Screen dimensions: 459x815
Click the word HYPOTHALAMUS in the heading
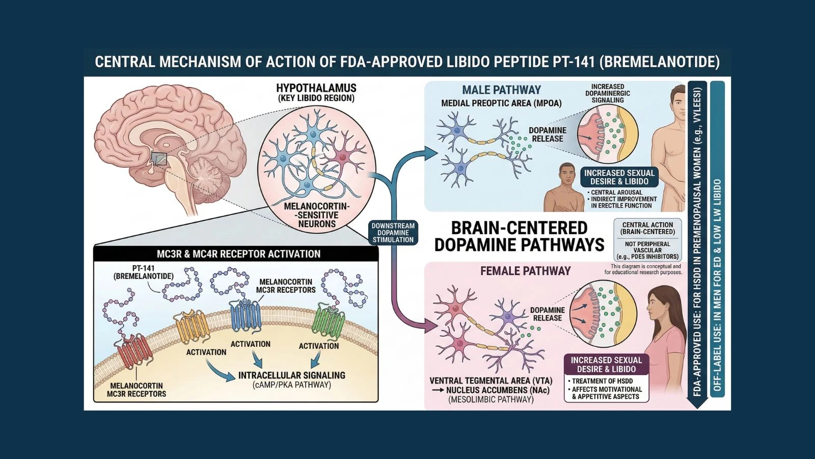click(316, 88)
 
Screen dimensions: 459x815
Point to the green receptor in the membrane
click(328, 321)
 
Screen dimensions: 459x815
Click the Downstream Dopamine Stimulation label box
click(393, 233)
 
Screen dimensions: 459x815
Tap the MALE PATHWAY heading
click(501, 90)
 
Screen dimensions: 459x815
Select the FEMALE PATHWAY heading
click(525, 271)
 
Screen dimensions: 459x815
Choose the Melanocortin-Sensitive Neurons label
click(317, 215)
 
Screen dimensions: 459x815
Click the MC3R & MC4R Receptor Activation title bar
click(238, 253)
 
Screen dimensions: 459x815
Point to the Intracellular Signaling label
click(291, 375)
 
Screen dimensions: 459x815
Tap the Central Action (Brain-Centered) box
click(647, 228)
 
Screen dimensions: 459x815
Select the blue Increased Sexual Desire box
click(619, 177)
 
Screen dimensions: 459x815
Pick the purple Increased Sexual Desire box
click(606, 364)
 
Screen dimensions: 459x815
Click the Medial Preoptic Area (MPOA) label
click(501, 104)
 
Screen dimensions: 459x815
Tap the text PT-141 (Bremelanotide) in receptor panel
click(143, 272)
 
